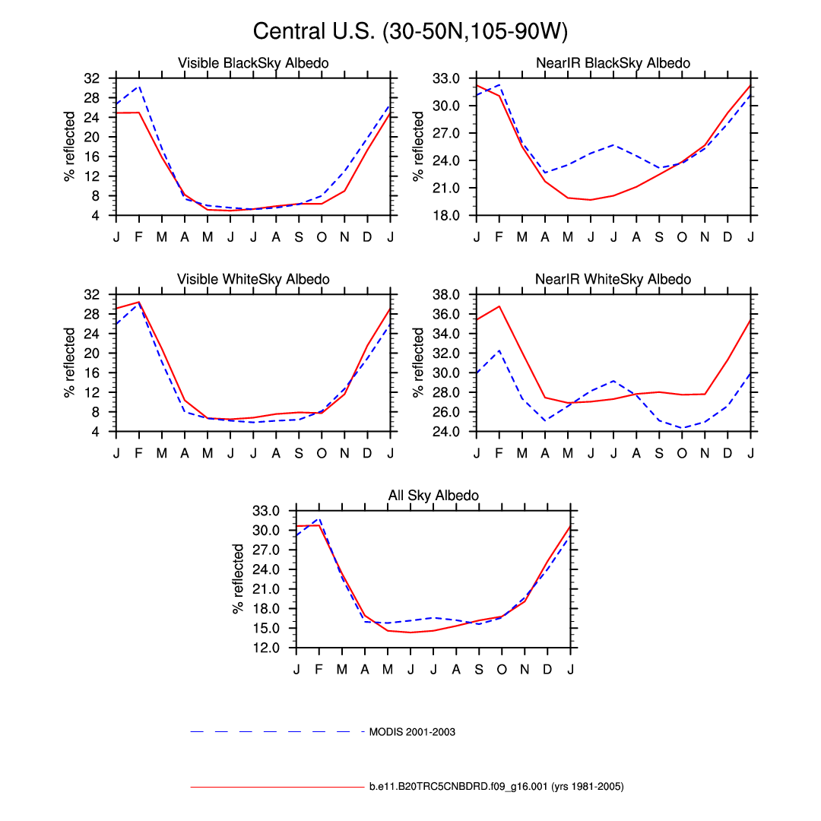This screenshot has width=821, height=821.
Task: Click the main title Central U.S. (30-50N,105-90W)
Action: [410, 31]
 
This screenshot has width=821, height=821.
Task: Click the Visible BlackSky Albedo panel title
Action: [253, 63]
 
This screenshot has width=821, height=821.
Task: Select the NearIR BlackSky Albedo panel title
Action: [613, 63]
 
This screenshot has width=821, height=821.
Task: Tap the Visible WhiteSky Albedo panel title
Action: [253, 279]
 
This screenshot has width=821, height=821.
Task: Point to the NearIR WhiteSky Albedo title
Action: [613, 279]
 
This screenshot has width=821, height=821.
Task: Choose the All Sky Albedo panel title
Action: [433, 496]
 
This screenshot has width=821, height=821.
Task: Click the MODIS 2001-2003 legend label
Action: [412, 732]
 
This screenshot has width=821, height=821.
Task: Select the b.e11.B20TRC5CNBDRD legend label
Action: [496, 787]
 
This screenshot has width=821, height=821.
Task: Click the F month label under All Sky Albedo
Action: [319, 670]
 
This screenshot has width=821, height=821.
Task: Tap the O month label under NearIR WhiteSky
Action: [682, 454]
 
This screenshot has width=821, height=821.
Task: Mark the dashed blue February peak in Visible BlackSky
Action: [139, 86]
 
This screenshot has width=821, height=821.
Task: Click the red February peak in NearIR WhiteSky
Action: [499, 306]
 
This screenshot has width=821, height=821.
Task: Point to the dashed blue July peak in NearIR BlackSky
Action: [613, 144]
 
